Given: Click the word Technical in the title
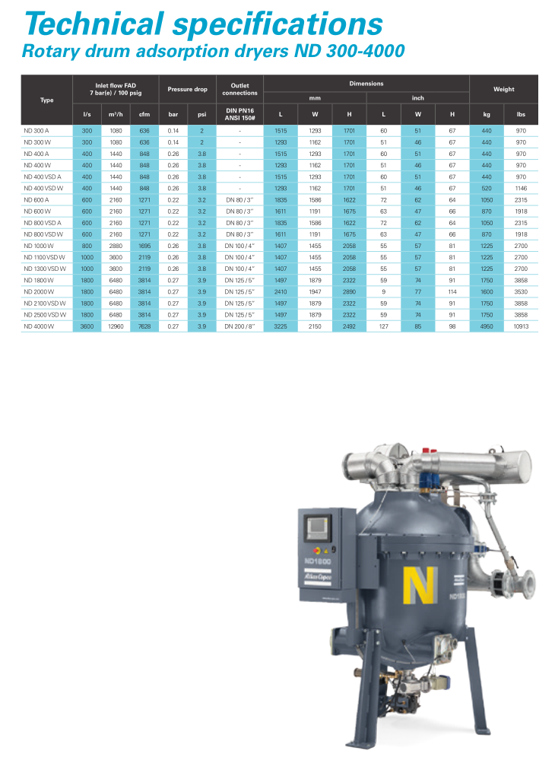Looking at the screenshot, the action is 94,24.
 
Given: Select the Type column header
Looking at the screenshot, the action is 46,100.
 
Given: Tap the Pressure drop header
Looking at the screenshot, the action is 188,89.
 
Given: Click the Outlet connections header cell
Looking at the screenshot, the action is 240,89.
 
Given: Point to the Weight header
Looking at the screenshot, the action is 503,89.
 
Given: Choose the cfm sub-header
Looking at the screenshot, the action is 144,114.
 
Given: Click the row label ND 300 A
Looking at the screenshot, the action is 36,131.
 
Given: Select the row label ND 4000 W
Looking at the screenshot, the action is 39,326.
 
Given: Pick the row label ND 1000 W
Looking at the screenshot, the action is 39,246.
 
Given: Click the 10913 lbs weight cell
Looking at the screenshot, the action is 521,326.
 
